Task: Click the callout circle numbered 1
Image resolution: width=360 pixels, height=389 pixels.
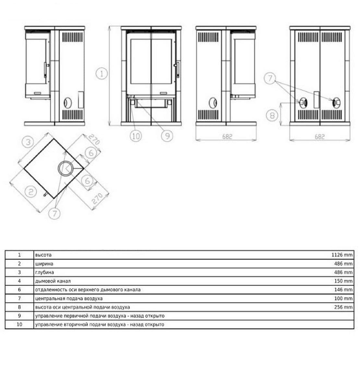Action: [102, 74]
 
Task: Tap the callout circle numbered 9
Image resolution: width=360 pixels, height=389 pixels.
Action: [167, 136]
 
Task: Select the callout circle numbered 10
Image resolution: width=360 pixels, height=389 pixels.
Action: [136, 136]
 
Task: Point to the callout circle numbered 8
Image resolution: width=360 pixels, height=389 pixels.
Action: [272, 115]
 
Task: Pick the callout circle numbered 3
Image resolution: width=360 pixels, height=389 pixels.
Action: [28, 142]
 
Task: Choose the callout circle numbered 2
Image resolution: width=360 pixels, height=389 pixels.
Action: [30, 191]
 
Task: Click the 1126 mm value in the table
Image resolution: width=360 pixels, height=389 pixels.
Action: [342, 255]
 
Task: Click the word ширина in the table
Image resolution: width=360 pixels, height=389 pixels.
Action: [44, 264]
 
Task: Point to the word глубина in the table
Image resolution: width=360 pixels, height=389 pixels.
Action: [44, 272]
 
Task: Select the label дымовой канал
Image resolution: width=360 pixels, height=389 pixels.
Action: [53, 281]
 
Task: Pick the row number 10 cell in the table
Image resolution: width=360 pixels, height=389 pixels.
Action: [19, 324]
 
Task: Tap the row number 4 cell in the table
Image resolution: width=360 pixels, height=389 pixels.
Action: [19, 281]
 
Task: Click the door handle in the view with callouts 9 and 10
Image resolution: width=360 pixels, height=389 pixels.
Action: [178, 70]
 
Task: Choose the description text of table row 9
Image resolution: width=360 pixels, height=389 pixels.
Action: [100, 316]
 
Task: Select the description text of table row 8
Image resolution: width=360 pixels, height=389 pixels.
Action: [82, 307]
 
